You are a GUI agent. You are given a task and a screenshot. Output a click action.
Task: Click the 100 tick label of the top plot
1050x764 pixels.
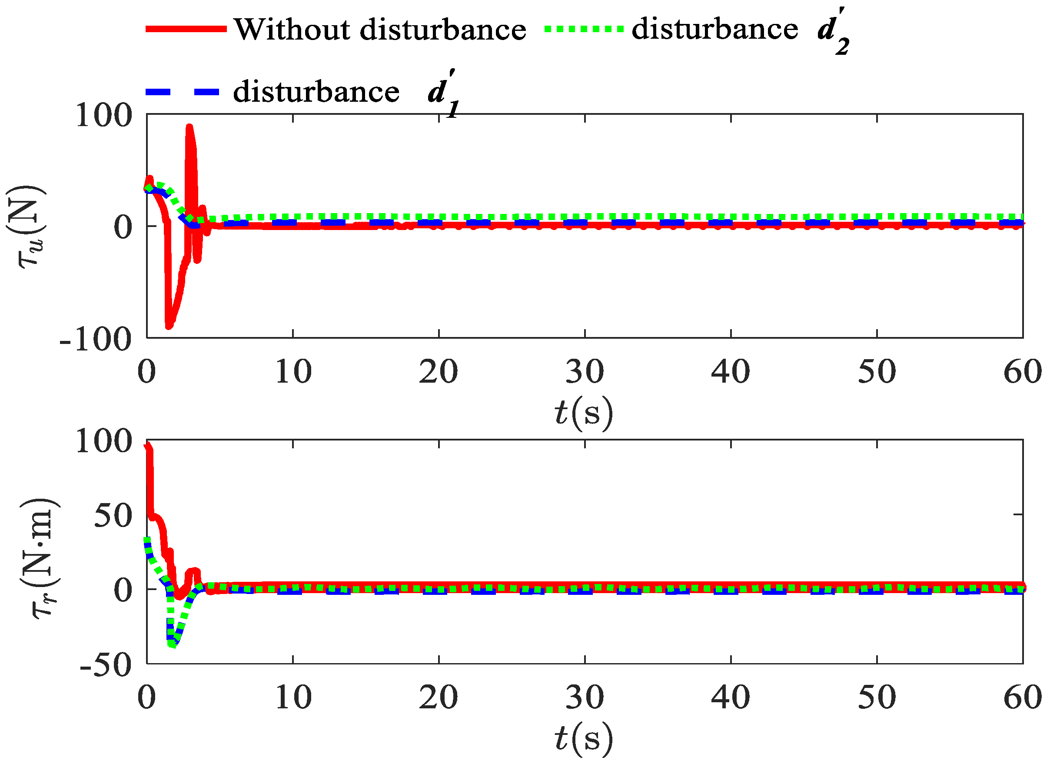pos(104,115)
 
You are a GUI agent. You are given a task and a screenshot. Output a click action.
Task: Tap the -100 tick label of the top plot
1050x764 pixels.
pos(96,340)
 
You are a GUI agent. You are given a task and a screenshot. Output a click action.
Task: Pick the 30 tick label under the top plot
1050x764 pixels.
pos(584,372)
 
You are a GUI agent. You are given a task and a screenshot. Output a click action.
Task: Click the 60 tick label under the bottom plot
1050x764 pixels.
pos(1022,698)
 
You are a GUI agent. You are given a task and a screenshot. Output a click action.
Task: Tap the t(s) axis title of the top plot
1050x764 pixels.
pos(583,412)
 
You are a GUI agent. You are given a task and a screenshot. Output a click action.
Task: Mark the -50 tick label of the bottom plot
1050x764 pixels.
pos(106,665)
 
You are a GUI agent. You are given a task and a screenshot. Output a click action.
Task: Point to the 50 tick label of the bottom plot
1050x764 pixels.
pos(113,516)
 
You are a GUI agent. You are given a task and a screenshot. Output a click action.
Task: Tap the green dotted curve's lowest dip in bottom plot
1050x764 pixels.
pos(173,644)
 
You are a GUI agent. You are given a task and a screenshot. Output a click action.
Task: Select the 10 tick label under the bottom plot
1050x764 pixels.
pos(293,698)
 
